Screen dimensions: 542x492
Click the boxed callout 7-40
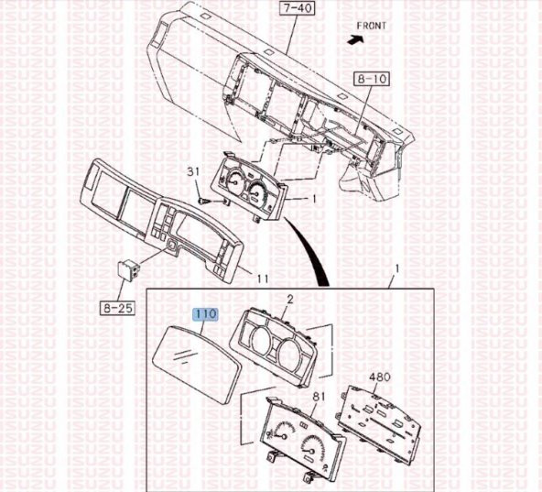point(297,8)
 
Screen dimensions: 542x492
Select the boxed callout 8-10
point(372,79)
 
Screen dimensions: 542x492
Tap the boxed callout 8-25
point(117,308)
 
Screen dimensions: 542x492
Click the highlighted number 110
point(206,314)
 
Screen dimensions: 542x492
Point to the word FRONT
point(372,26)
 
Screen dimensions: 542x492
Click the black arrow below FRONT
point(355,39)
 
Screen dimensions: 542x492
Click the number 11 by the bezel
point(263,279)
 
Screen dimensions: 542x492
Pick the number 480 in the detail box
point(380,377)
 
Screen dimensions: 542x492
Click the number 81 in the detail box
point(318,397)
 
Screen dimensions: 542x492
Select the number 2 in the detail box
point(290,299)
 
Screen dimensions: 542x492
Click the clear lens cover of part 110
point(197,365)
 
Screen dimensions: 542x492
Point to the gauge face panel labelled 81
point(303,439)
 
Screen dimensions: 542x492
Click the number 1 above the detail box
point(397,268)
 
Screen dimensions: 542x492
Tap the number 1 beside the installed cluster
point(314,199)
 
